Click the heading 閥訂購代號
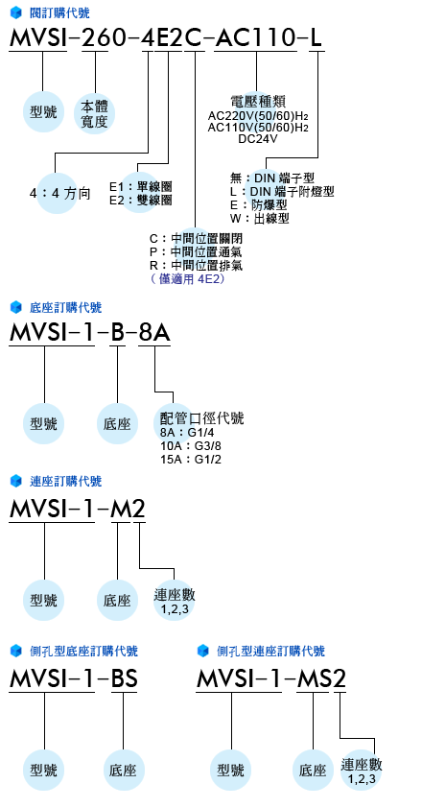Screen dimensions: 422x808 click(59, 12)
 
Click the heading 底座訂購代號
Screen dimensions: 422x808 click(66, 308)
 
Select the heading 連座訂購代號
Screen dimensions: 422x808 click(66, 482)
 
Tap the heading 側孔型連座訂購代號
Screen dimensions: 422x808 click(271, 651)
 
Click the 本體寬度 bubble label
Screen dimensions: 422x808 click(94, 114)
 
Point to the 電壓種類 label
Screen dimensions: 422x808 click(258, 101)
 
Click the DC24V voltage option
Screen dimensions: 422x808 click(258, 138)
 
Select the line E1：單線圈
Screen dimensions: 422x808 click(141, 186)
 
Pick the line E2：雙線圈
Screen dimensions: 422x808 click(141, 200)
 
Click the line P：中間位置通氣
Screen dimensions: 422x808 click(196, 252)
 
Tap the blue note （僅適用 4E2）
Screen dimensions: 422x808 click(188, 279)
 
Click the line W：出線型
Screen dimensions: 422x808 click(260, 219)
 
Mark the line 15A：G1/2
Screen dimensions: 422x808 click(191, 459)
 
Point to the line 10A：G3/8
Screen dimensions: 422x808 click(191, 445)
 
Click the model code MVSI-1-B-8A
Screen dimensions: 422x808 click(89, 334)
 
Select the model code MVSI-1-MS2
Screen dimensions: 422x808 click(271, 679)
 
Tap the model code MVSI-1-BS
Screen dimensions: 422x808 click(74, 679)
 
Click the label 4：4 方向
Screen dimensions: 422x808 click(59, 194)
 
